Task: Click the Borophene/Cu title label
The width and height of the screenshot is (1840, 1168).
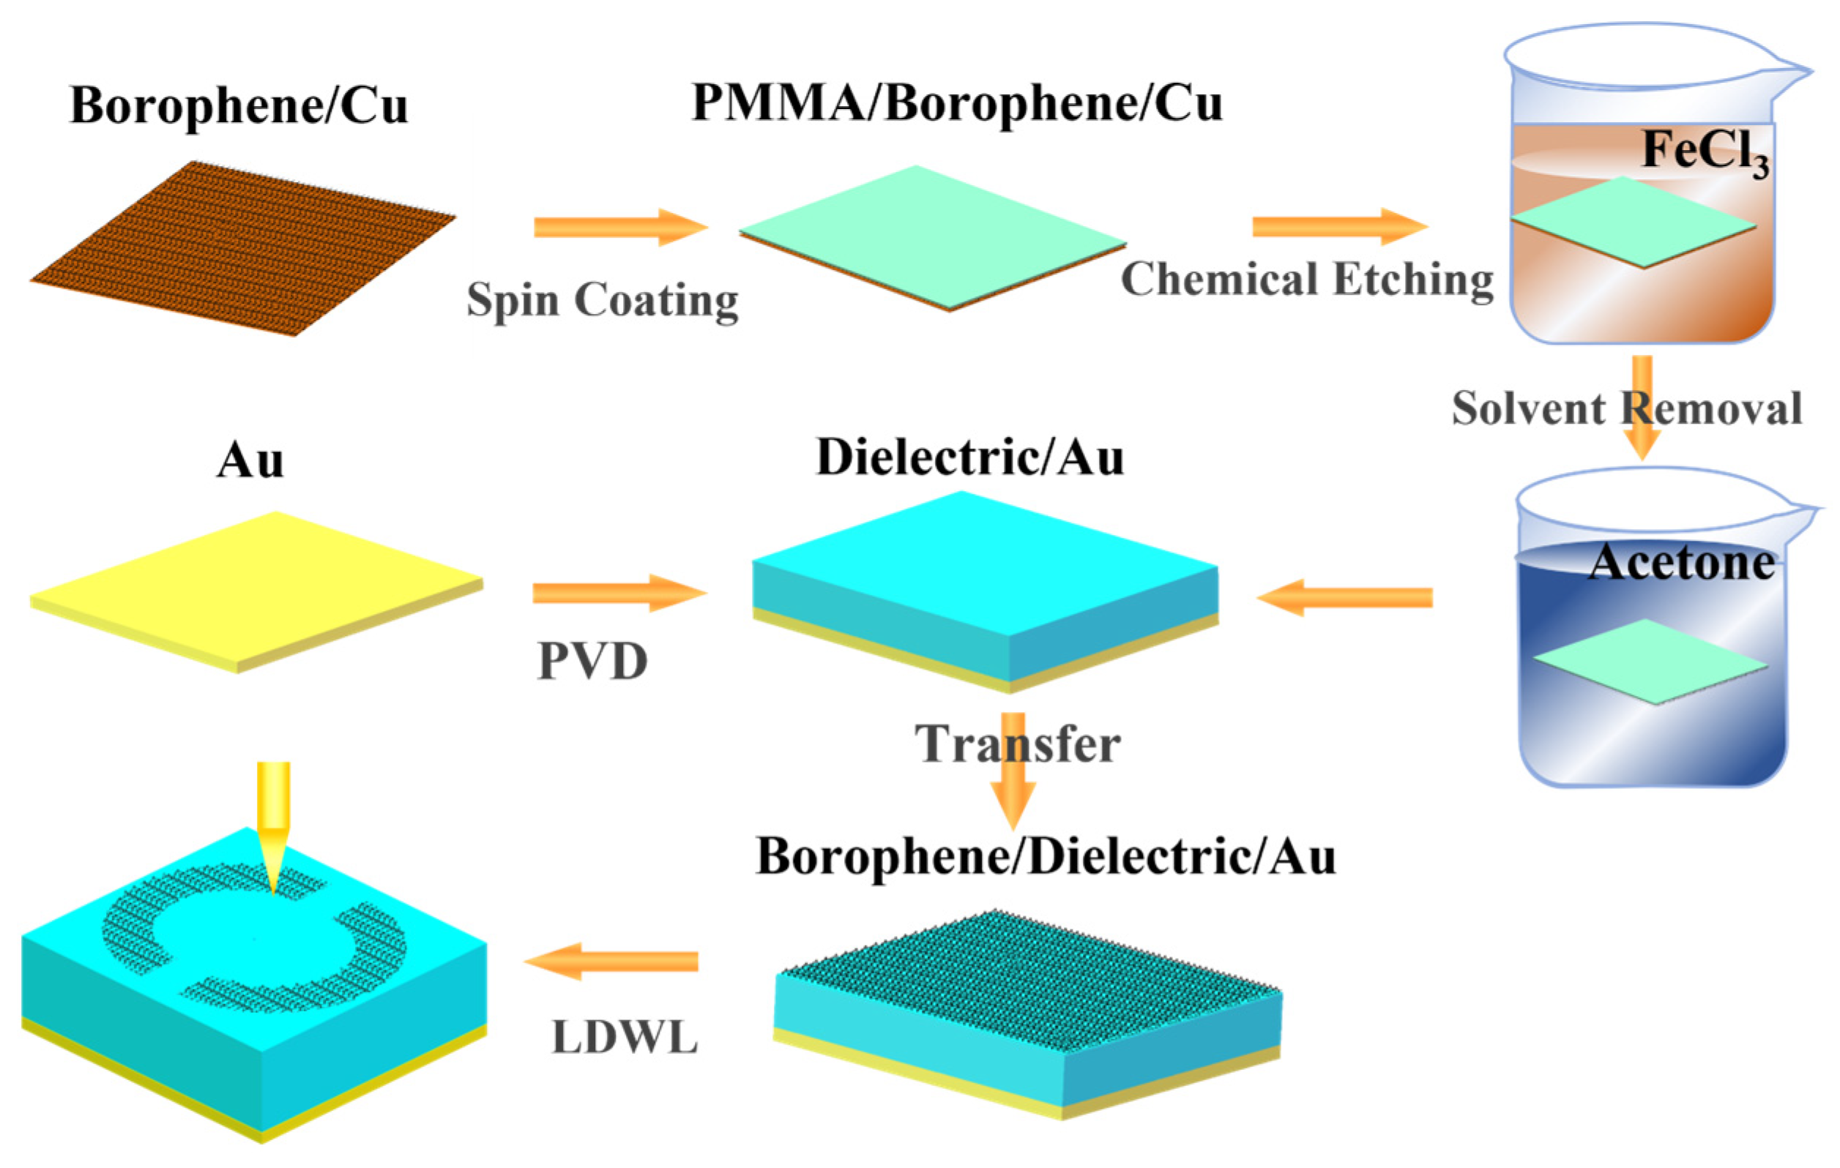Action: [x=239, y=105]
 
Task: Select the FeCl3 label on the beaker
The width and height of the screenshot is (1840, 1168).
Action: [x=1704, y=153]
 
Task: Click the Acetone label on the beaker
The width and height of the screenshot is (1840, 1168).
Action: [x=1681, y=563]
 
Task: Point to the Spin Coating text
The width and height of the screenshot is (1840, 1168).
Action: [x=602, y=299]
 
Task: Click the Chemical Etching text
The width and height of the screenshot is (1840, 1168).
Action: [x=1307, y=279]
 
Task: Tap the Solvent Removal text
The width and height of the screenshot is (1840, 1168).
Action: [x=1626, y=408]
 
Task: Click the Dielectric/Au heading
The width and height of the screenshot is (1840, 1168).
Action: [x=969, y=457]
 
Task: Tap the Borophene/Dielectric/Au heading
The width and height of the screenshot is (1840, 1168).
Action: [x=1046, y=856]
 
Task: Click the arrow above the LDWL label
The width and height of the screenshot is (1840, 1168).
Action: [x=611, y=961]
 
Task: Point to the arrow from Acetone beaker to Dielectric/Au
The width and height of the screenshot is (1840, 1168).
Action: [x=1345, y=596]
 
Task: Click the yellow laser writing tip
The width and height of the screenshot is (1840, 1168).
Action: [x=274, y=825]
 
